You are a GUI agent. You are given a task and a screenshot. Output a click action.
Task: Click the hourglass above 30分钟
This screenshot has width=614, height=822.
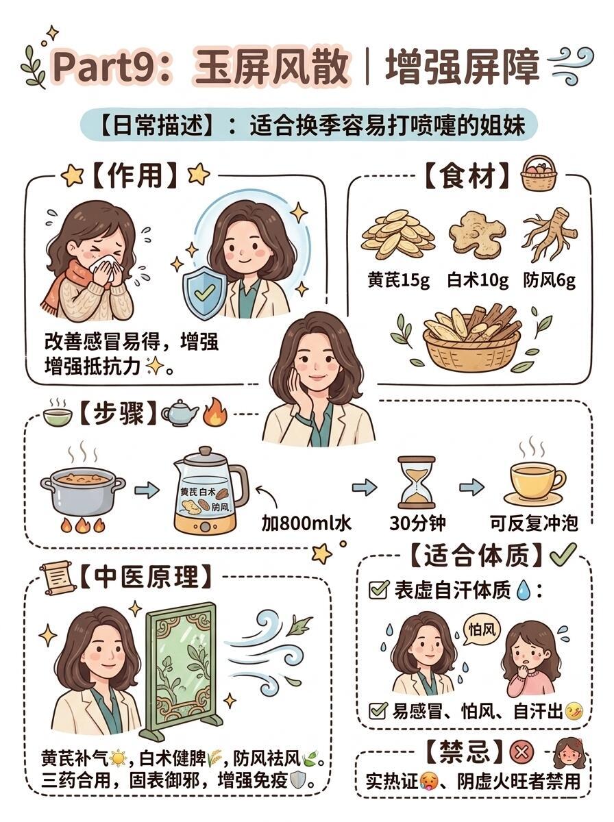click(417, 482)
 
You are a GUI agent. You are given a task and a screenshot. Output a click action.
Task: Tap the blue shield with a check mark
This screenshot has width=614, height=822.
click(204, 291)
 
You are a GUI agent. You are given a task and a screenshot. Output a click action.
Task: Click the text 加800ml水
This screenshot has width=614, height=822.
click(306, 523)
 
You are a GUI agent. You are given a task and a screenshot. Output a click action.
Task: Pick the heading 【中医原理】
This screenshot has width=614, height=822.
click(146, 577)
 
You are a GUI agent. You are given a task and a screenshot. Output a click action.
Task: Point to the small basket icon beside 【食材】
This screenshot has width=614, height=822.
click(539, 174)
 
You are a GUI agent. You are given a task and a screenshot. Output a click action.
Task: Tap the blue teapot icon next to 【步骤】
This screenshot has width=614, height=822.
click(180, 412)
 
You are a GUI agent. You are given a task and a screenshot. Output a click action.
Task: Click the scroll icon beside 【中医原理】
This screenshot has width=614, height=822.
click(58, 577)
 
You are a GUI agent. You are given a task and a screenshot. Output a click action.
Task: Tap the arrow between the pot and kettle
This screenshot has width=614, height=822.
click(147, 490)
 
